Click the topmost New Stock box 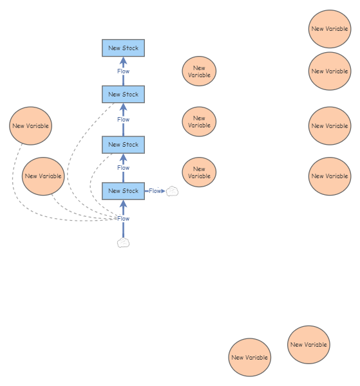tap(123, 48)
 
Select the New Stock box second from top tap(123, 95)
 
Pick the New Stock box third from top tap(123, 145)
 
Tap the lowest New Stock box tap(123, 191)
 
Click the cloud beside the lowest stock tap(172, 191)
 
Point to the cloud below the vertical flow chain tap(124, 243)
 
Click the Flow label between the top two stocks tap(123, 71)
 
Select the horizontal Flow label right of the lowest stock tap(155, 191)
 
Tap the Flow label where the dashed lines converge tap(123, 219)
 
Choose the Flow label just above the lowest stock tap(123, 168)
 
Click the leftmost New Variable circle tap(30, 126)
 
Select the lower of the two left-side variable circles tap(43, 176)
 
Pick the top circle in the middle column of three tap(199, 71)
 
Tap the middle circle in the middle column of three tap(199, 122)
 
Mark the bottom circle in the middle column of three tap(199, 172)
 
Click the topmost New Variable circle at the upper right tap(330, 29)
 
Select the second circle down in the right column tap(330, 71)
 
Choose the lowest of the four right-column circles tap(330, 176)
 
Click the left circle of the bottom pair tap(249, 358)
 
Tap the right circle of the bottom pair tap(308, 345)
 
